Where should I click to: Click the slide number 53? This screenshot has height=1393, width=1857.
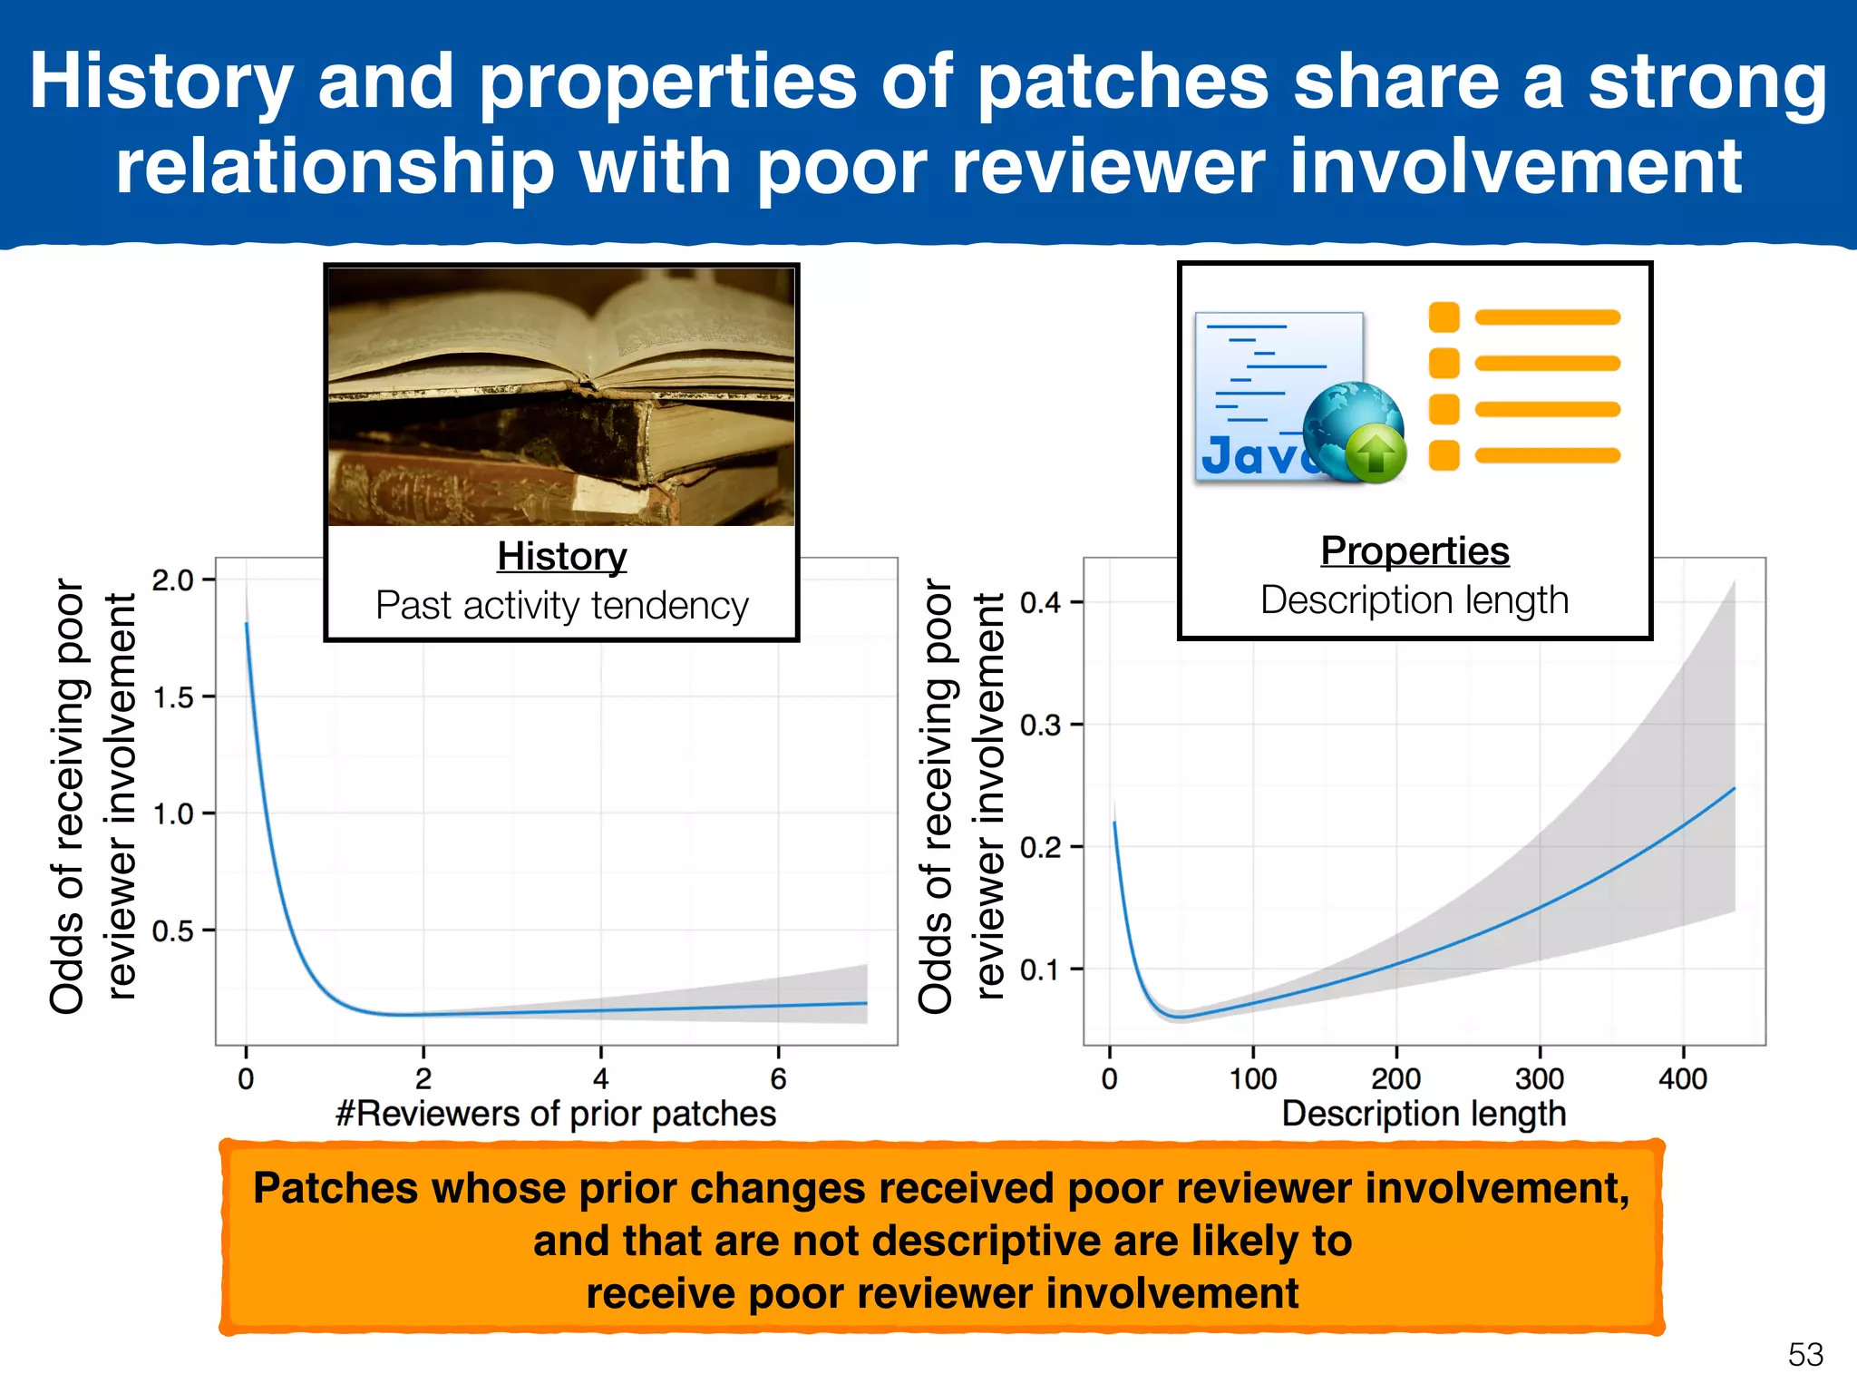point(1804,1355)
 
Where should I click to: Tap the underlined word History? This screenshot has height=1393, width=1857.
point(561,556)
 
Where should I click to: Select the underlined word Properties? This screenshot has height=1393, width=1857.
point(1415,550)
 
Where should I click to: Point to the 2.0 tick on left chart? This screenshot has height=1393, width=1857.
point(173,580)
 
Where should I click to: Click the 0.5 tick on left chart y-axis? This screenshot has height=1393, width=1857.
point(173,930)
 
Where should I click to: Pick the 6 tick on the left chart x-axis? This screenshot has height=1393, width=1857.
point(778,1078)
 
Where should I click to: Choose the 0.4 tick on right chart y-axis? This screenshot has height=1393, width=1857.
point(1040,602)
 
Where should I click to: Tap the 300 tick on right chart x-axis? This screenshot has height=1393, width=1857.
point(1539,1078)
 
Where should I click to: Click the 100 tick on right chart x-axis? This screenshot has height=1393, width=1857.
point(1253,1078)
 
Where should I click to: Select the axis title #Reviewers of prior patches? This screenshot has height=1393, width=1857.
point(555,1114)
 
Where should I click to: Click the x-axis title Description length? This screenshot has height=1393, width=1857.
point(1424,1114)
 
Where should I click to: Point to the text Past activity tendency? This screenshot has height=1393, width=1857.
point(561,605)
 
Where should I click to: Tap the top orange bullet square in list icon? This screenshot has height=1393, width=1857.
point(1444,317)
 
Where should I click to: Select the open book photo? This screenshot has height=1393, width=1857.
point(561,396)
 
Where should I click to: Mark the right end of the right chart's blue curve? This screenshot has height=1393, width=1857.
point(1734,789)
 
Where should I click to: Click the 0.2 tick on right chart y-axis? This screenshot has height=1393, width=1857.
point(1040,847)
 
